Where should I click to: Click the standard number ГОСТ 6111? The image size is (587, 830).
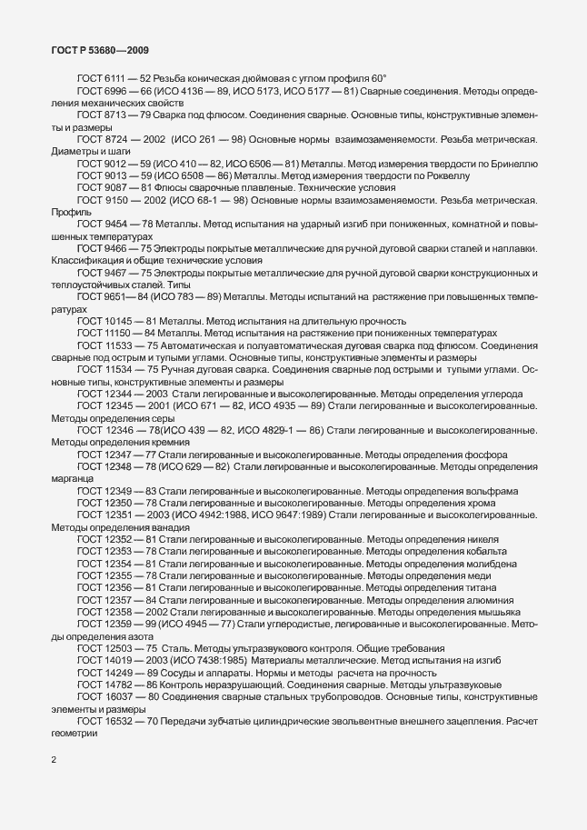click(100, 80)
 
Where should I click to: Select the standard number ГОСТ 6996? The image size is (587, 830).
click(100, 93)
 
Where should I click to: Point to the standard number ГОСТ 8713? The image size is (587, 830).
click(100, 116)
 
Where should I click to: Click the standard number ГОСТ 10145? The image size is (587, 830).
click(103, 320)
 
